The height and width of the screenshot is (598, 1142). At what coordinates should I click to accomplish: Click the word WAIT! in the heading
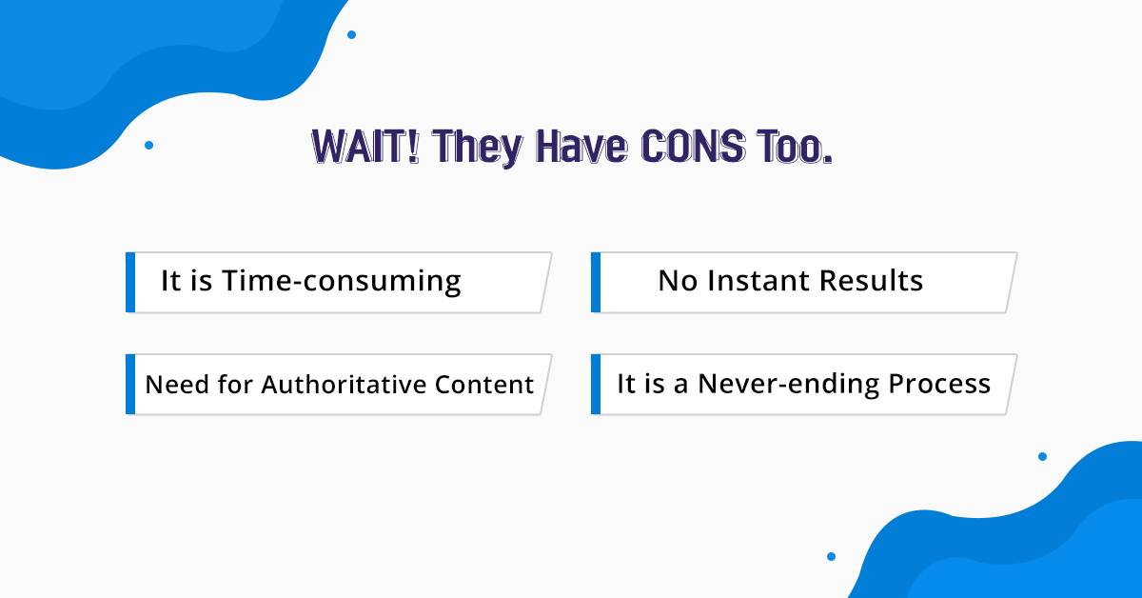click(365, 147)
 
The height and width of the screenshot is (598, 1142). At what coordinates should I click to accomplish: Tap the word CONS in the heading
click(694, 147)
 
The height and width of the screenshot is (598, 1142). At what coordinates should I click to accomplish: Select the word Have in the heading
click(581, 147)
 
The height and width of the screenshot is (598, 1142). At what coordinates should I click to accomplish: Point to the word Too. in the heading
click(796, 147)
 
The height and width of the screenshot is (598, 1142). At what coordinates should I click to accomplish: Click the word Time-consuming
click(342, 281)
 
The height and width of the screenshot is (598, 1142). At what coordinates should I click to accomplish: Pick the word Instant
click(758, 280)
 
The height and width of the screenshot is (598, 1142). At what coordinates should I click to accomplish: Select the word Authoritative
click(344, 384)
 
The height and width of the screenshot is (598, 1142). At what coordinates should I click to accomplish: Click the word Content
click(484, 384)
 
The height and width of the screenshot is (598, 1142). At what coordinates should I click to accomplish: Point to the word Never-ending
click(788, 384)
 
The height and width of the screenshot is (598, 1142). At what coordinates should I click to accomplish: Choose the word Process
click(939, 383)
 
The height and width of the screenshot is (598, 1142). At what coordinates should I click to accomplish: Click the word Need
click(177, 384)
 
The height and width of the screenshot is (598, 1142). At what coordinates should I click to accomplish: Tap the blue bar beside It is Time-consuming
click(130, 282)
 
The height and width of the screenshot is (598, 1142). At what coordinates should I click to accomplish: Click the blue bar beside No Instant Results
click(596, 282)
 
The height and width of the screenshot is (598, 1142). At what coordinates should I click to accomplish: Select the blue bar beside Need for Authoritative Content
click(130, 384)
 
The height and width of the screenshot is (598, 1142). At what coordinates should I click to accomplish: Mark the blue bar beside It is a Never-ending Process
click(596, 384)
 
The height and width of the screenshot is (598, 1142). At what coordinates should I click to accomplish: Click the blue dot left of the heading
click(148, 146)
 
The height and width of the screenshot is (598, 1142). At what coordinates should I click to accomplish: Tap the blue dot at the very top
click(352, 34)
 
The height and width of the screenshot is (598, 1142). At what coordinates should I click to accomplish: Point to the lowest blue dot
click(831, 556)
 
